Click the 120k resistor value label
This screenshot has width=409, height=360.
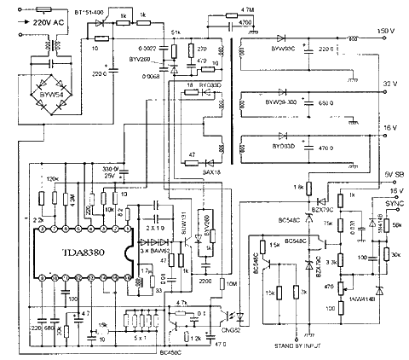click(x=52, y=178)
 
